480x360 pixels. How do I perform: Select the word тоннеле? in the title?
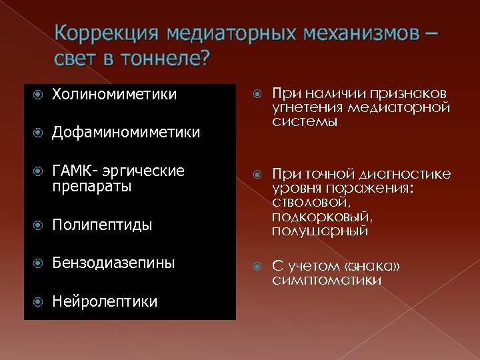click(166, 59)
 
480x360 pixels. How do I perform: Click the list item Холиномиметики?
click(114, 95)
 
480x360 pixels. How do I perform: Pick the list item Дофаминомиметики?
click(125, 133)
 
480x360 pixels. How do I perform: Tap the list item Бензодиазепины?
click(113, 263)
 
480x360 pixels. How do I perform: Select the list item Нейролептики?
click(105, 301)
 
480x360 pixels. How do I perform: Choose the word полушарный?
click(320, 231)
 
